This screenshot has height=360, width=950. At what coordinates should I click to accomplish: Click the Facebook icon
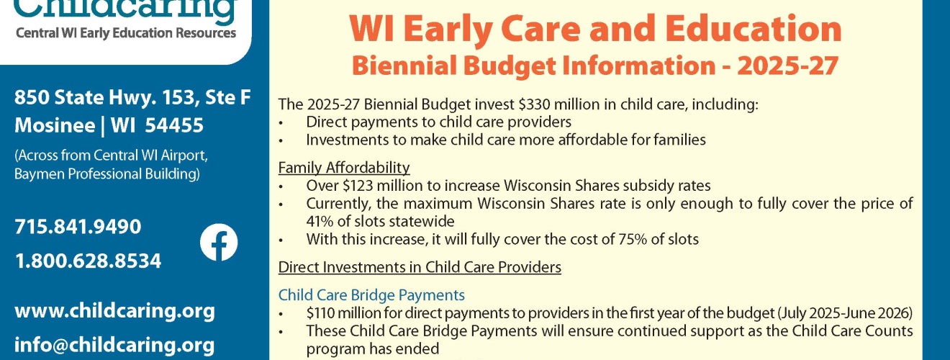[219, 242]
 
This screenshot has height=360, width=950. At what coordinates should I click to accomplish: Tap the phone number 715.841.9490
[78, 227]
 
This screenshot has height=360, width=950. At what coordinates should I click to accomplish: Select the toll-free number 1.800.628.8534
[89, 261]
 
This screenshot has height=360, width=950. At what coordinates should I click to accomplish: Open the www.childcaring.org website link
[114, 311]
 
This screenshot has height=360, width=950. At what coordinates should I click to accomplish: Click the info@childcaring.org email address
[114, 345]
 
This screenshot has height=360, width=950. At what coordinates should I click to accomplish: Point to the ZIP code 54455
[174, 125]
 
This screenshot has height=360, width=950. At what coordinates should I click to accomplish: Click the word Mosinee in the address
[55, 125]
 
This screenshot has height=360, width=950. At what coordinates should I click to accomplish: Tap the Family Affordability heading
[344, 168]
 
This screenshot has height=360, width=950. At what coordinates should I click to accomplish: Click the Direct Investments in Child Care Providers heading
[420, 267]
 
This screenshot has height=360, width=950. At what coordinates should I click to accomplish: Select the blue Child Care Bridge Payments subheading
[371, 295]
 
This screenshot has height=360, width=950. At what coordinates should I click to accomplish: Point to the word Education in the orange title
[754, 30]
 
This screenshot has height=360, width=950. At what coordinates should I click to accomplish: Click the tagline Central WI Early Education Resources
[126, 33]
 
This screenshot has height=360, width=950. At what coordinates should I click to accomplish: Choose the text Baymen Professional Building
[107, 174]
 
